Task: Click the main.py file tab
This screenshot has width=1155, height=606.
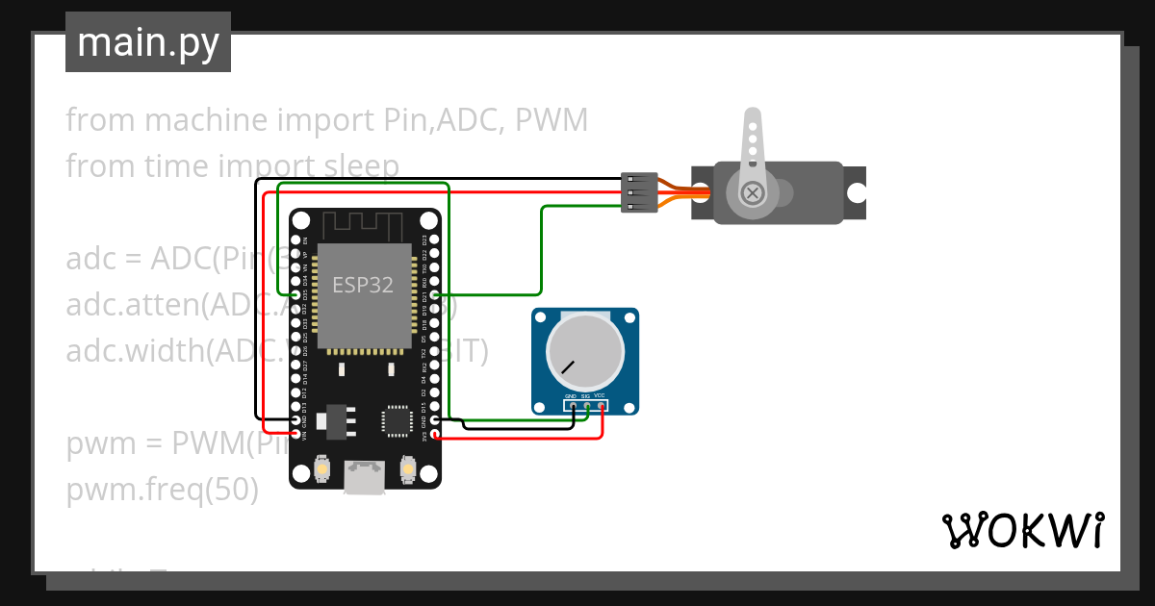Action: (x=147, y=42)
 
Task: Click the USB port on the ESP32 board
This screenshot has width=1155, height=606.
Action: (x=363, y=477)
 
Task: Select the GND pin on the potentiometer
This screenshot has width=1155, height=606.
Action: (x=573, y=406)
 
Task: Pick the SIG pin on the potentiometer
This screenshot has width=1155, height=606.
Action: (x=586, y=406)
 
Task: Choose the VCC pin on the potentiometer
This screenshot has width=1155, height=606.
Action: (x=601, y=406)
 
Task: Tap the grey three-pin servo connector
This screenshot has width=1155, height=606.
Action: (x=639, y=193)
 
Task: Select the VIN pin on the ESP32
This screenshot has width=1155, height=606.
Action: (x=295, y=435)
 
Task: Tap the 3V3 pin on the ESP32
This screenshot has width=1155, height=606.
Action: (x=435, y=435)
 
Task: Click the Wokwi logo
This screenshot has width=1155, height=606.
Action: (x=1022, y=530)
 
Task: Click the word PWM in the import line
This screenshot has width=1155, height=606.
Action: (x=551, y=120)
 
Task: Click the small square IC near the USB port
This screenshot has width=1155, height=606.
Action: (x=396, y=420)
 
